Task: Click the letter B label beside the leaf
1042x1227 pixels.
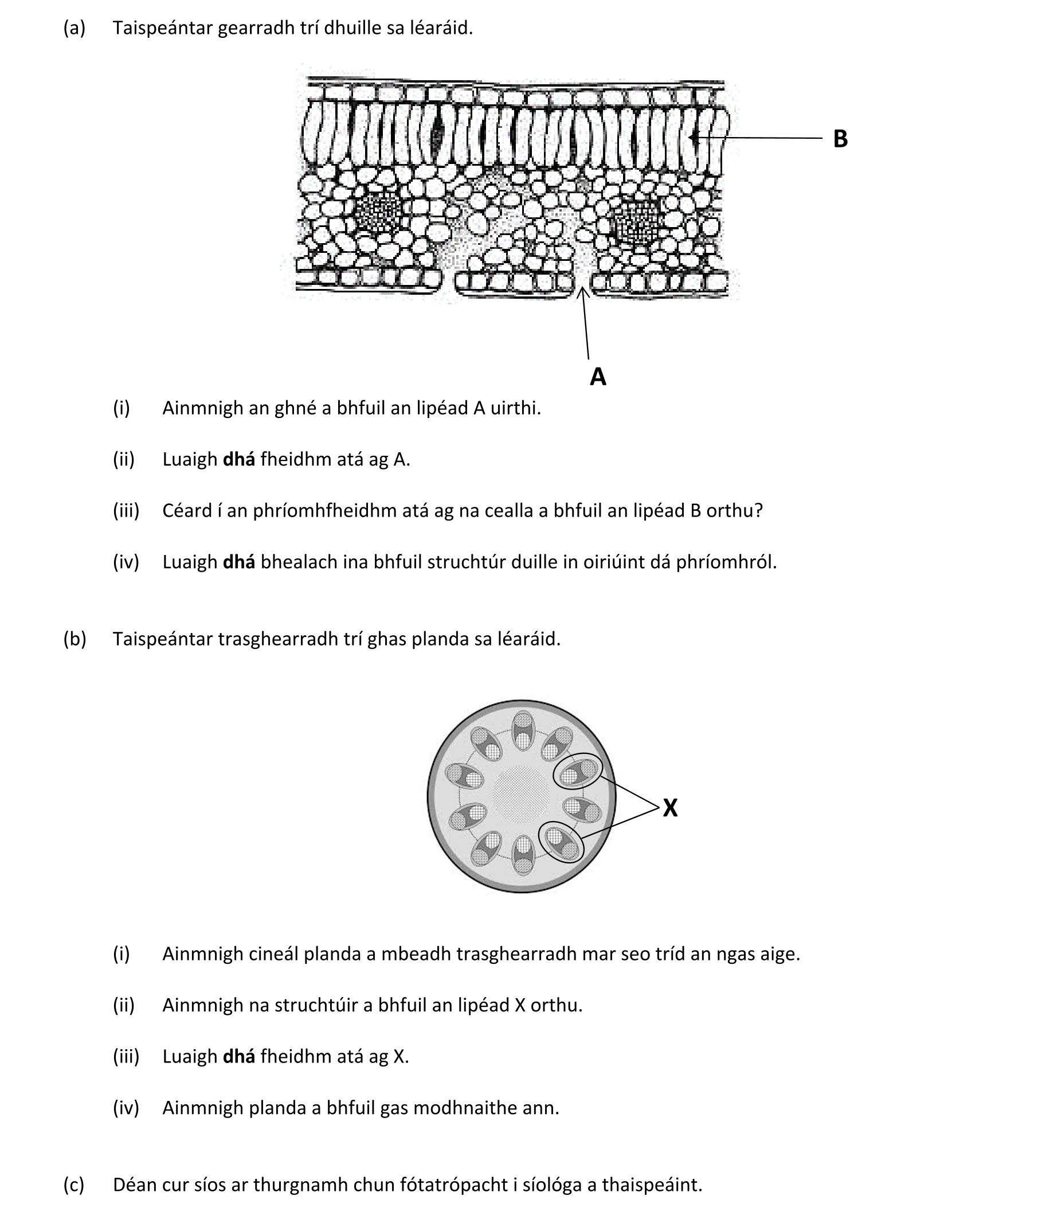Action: [x=840, y=139]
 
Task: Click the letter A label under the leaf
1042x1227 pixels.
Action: [x=598, y=376]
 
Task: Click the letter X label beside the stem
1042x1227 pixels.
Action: [x=670, y=807]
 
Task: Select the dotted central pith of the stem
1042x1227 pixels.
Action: [x=521, y=795]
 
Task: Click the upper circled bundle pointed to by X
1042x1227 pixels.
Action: [x=577, y=771]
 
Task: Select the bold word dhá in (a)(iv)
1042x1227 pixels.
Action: [x=238, y=561]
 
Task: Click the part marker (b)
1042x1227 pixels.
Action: [x=75, y=639]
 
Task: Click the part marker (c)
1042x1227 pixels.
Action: [x=74, y=1185]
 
